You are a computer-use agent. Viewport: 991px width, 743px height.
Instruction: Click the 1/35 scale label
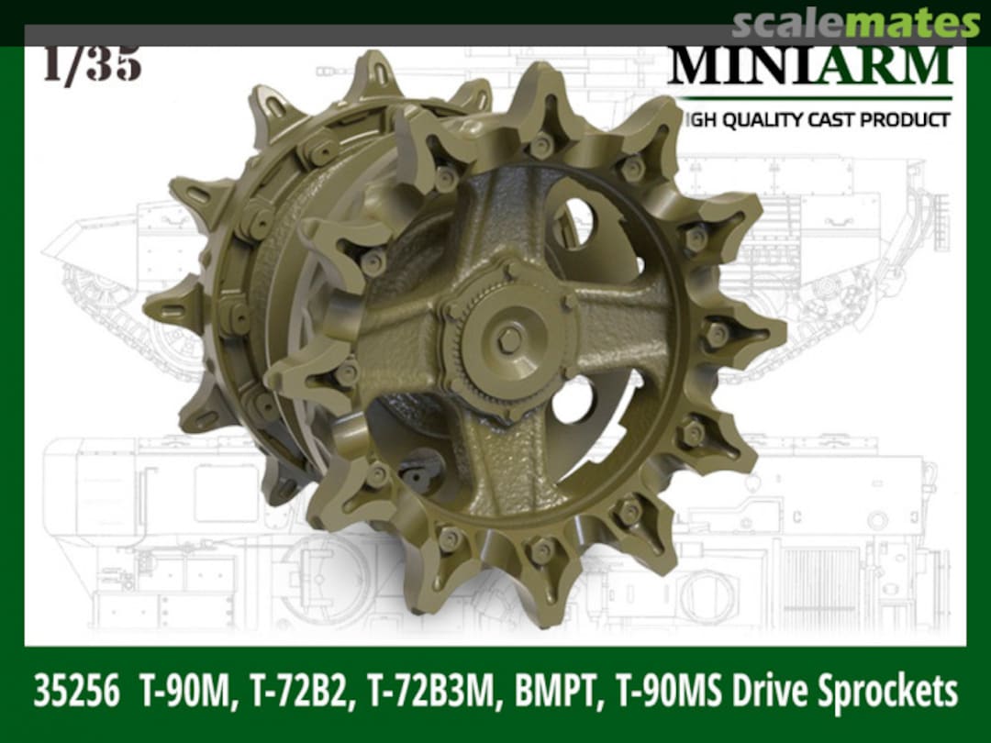coord(92,64)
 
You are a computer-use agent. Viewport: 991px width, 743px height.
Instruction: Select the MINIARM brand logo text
coord(810,66)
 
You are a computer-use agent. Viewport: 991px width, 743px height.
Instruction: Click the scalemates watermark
coord(857,23)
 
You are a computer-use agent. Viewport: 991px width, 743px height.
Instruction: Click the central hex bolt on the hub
coord(509,339)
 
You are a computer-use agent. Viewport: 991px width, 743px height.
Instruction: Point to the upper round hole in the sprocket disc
coord(573,223)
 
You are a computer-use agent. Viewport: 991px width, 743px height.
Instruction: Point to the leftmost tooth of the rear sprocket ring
coord(170,307)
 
